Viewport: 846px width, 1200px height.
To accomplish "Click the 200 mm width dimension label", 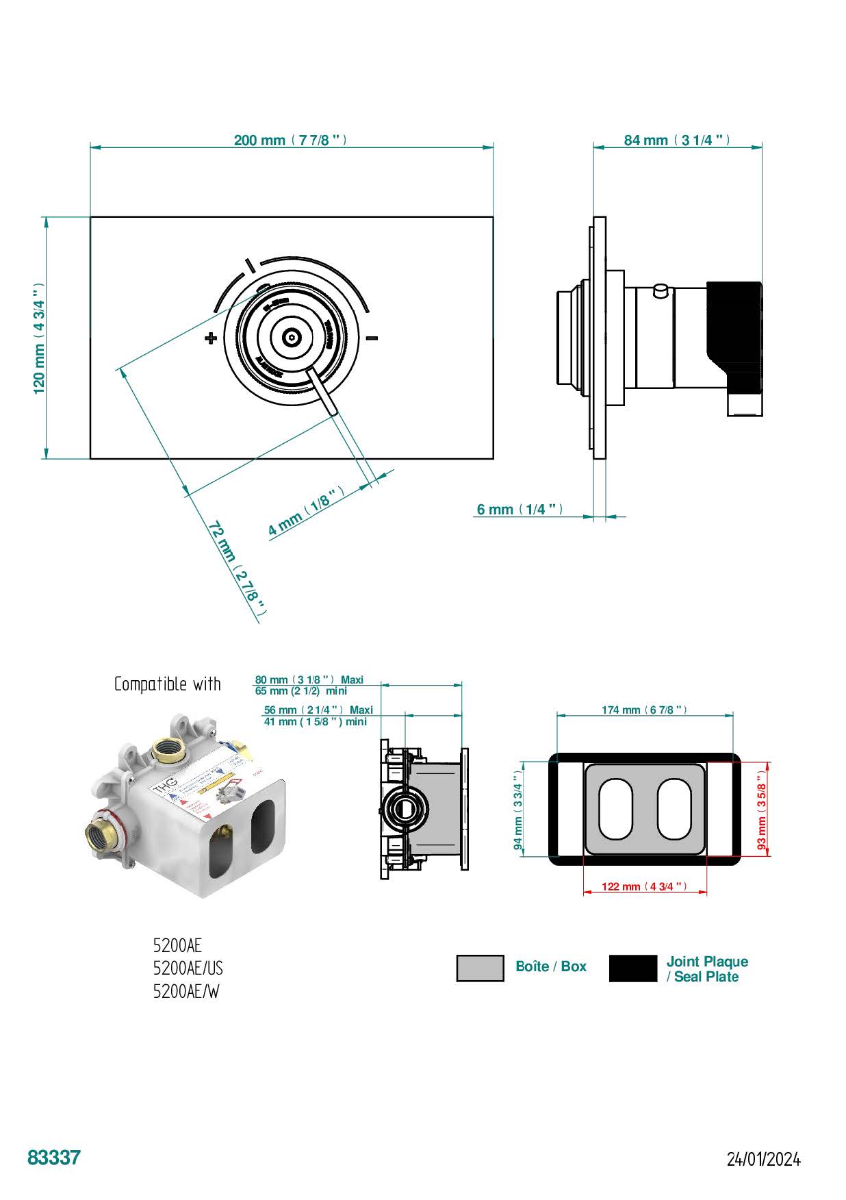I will tap(290, 140).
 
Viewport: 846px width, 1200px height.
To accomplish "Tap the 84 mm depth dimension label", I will tap(676, 140).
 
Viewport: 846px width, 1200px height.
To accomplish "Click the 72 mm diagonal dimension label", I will tap(236, 568).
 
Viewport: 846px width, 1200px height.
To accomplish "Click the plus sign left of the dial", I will tap(211, 338).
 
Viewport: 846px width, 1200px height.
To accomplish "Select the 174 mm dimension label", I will tap(644, 710).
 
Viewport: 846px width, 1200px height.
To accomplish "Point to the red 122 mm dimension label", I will tap(644, 886).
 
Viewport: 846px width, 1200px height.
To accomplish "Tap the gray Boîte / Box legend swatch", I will tap(480, 968).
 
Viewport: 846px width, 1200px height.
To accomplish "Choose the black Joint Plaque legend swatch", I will tap(632, 968).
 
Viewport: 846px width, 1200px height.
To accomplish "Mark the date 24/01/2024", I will tap(763, 1160).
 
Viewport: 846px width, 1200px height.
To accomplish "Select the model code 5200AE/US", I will tap(188, 968).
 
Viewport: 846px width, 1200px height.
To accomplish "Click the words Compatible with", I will tap(167, 684).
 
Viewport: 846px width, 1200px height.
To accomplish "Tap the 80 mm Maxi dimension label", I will tap(309, 680).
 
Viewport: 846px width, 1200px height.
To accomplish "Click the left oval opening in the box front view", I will tap(615, 809).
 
